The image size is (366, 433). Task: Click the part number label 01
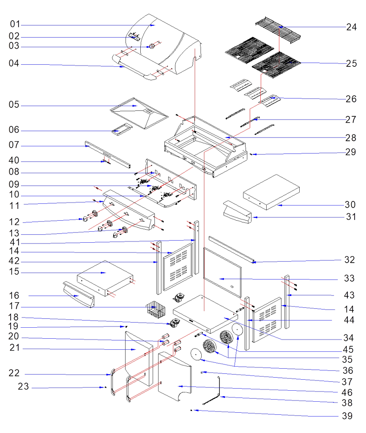point(15,24)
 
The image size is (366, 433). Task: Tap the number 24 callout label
point(351,27)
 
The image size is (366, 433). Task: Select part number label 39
point(347,416)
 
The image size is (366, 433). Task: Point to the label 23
point(24,386)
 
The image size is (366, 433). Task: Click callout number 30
point(350,205)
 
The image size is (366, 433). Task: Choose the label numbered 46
point(347,393)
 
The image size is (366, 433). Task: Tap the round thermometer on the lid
point(151,47)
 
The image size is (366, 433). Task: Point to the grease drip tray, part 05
point(137,112)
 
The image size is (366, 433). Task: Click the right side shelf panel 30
point(271,191)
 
